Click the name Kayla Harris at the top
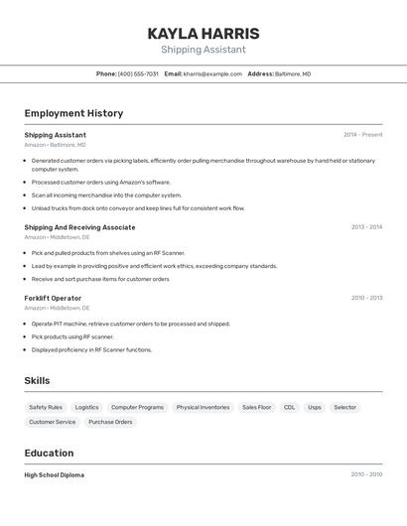point(203,33)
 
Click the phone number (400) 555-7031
point(138,73)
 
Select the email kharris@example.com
point(212,73)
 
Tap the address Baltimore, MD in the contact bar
point(293,73)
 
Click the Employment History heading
point(73,113)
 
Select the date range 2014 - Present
point(362,135)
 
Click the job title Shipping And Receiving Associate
point(79,227)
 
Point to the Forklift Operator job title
point(53,298)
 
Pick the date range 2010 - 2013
point(366,298)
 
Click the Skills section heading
point(37,381)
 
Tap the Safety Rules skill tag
point(46,407)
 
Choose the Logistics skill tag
point(86,407)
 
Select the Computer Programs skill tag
point(137,407)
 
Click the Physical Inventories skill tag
point(203,407)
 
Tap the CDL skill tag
point(289,407)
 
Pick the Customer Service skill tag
point(52,422)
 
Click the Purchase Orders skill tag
point(110,422)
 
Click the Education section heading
point(49,453)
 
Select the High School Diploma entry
point(55,475)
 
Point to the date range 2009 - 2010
point(366,474)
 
